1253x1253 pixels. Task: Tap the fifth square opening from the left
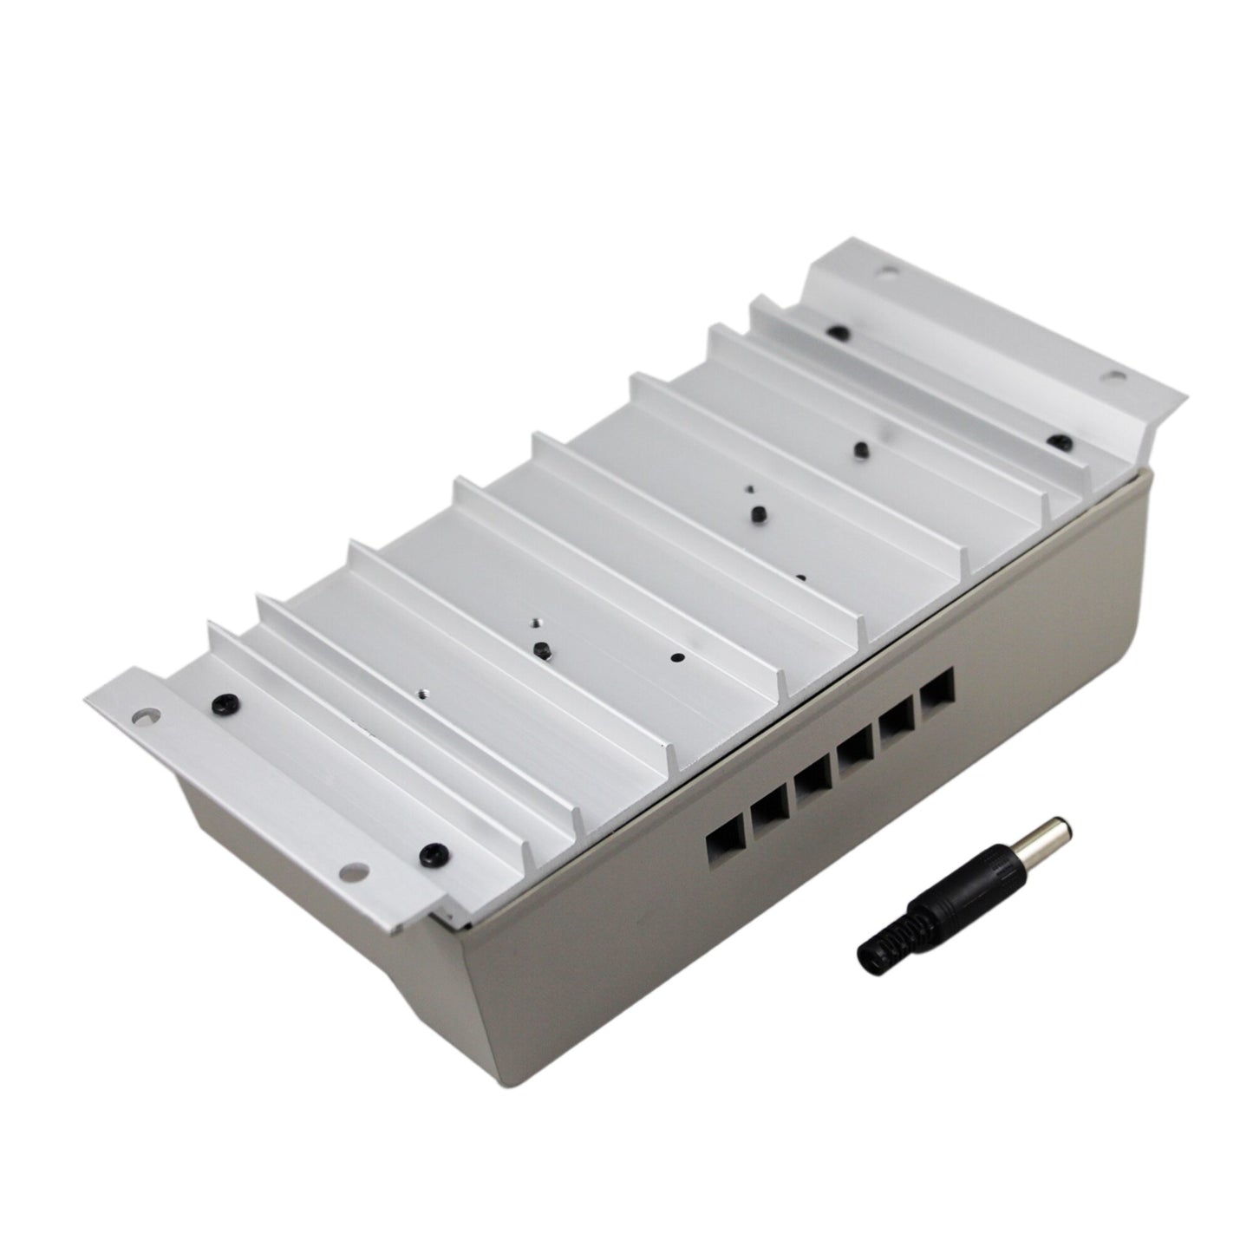896,721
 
